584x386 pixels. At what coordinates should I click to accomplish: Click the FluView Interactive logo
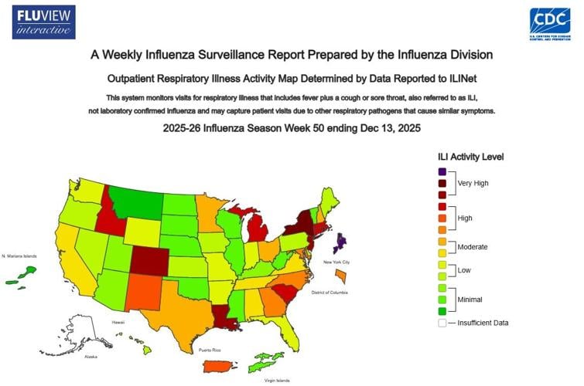44,22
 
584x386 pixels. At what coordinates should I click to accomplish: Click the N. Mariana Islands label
19,256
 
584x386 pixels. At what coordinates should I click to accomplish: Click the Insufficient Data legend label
483,323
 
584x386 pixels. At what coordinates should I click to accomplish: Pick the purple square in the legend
441,171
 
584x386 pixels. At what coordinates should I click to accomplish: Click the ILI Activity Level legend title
470,157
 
